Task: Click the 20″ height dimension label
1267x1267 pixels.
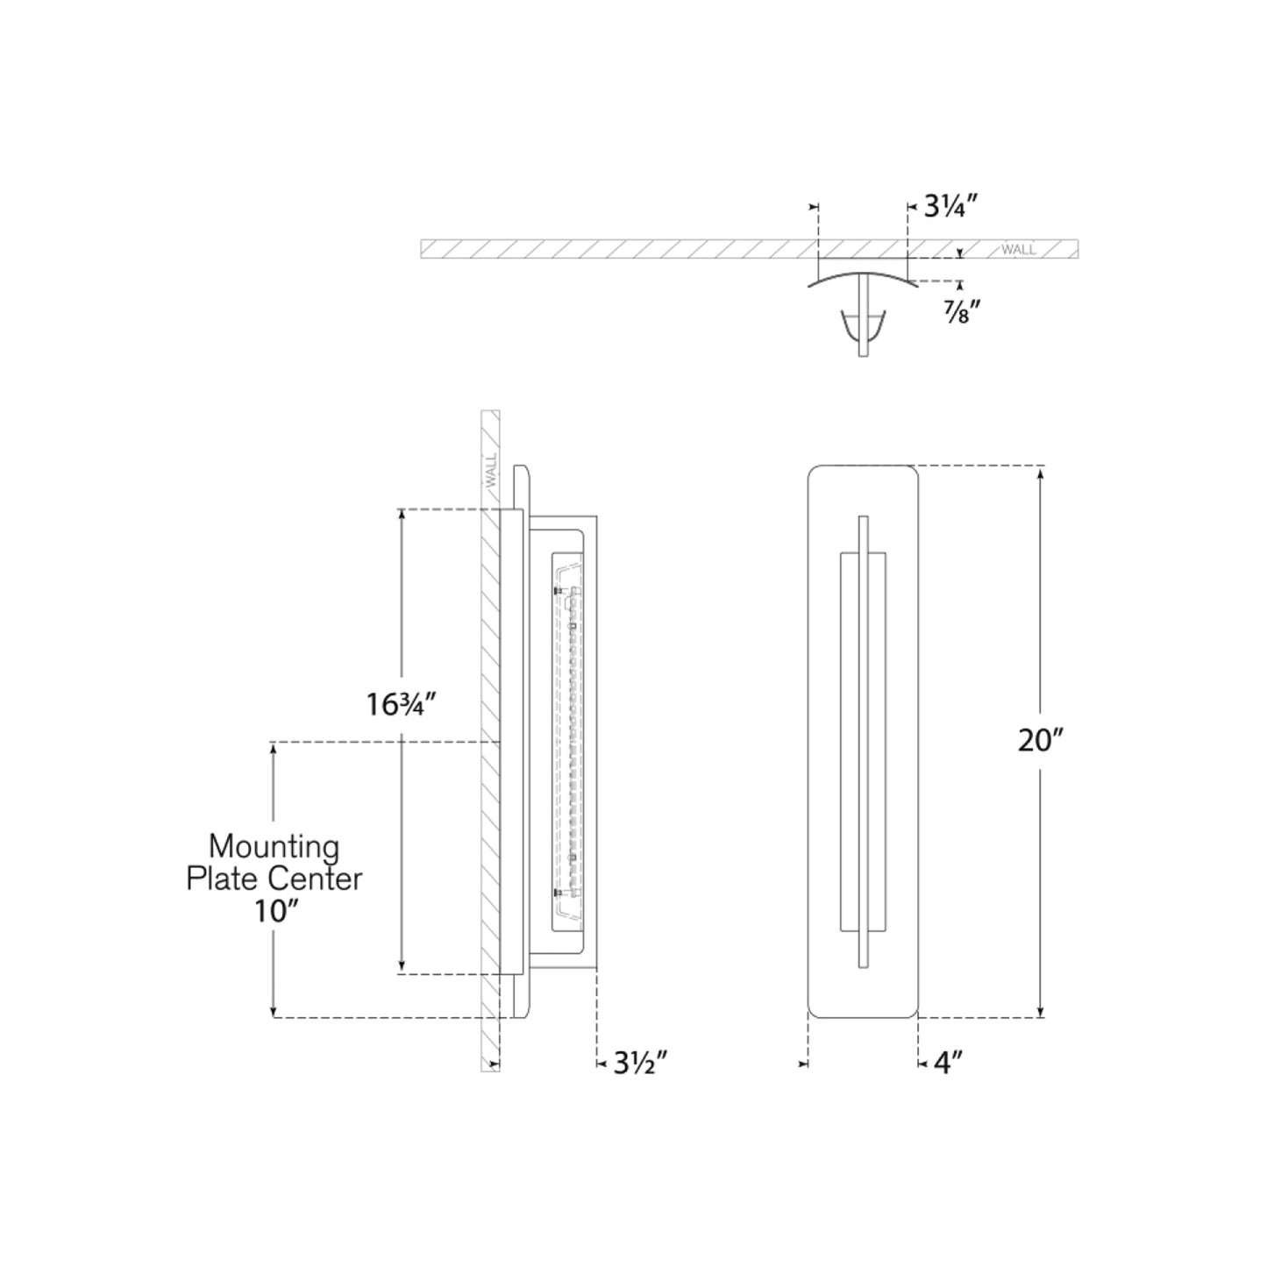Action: tap(1040, 740)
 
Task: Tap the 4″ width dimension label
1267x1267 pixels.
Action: tap(948, 1064)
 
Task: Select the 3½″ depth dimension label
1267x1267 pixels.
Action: tap(641, 1064)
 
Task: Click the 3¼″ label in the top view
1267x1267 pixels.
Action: tap(950, 207)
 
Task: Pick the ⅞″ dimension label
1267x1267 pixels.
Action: tap(961, 310)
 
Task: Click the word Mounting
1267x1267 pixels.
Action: tap(274, 846)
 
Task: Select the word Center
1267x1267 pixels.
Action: tap(315, 879)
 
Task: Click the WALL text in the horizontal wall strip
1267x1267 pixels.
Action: tap(1018, 250)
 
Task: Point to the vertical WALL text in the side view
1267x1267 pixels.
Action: tap(490, 471)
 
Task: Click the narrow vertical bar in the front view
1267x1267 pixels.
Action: tap(864, 741)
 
